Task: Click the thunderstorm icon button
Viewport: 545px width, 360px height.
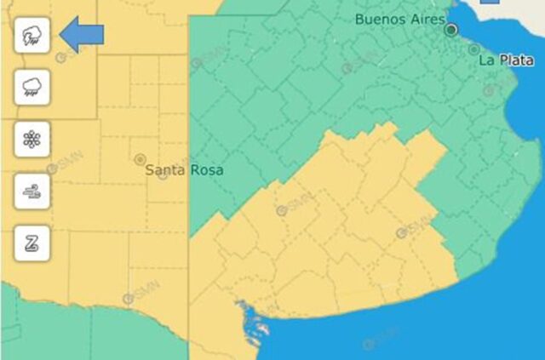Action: pos(32,35)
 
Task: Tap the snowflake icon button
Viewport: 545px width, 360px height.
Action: pos(32,139)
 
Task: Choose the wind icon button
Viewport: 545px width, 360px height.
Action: pos(32,191)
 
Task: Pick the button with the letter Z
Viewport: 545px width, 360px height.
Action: pos(32,244)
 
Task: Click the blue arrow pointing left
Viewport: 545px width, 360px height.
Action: pos(83,35)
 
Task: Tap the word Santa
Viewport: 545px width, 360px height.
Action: pos(165,170)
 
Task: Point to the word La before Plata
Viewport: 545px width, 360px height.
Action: pos(486,60)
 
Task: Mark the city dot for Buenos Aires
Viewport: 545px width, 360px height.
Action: pos(451,30)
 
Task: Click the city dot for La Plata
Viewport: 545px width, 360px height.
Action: pos(473,49)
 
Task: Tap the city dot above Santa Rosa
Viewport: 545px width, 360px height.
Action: pos(140,159)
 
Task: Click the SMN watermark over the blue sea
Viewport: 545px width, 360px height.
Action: pos(369,344)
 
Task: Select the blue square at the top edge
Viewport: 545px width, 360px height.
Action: pos(489,3)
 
